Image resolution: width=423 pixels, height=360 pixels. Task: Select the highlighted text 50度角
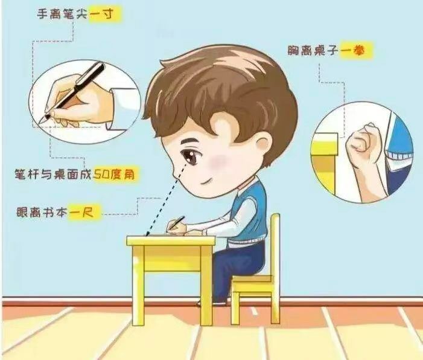click(x=113, y=175)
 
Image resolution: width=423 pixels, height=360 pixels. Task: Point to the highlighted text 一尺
click(x=81, y=212)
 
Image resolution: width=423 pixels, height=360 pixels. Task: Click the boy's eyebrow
click(x=191, y=143)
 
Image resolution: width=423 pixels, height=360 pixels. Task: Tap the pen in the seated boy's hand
click(x=177, y=222)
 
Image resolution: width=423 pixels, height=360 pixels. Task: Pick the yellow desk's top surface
click(x=171, y=240)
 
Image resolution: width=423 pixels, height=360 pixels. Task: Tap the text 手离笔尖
click(x=62, y=13)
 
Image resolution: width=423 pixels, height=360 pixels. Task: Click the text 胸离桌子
click(x=313, y=51)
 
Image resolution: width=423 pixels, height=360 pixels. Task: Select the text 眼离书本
click(x=42, y=212)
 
